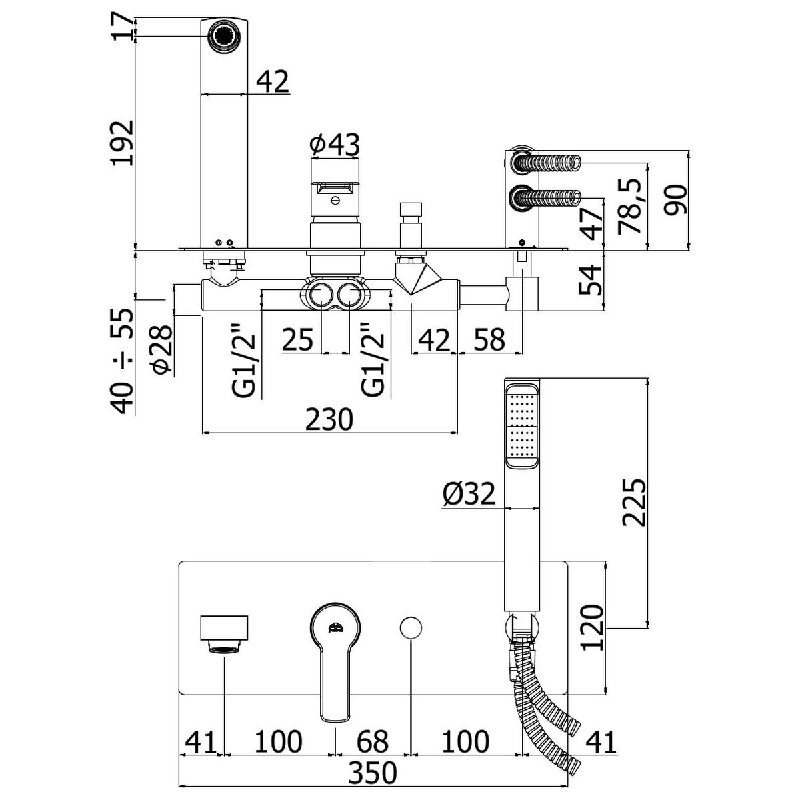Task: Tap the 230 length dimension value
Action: click(329, 419)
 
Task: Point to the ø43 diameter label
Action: click(335, 145)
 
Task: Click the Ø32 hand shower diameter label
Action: click(469, 494)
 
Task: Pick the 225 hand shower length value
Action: click(634, 503)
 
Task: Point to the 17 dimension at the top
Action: click(123, 26)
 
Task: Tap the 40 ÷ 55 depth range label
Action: click(123, 361)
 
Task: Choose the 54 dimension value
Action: click(590, 280)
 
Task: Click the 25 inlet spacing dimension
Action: click(297, 339)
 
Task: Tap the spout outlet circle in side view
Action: click(224, 37)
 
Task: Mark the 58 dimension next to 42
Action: click(490, 339)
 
